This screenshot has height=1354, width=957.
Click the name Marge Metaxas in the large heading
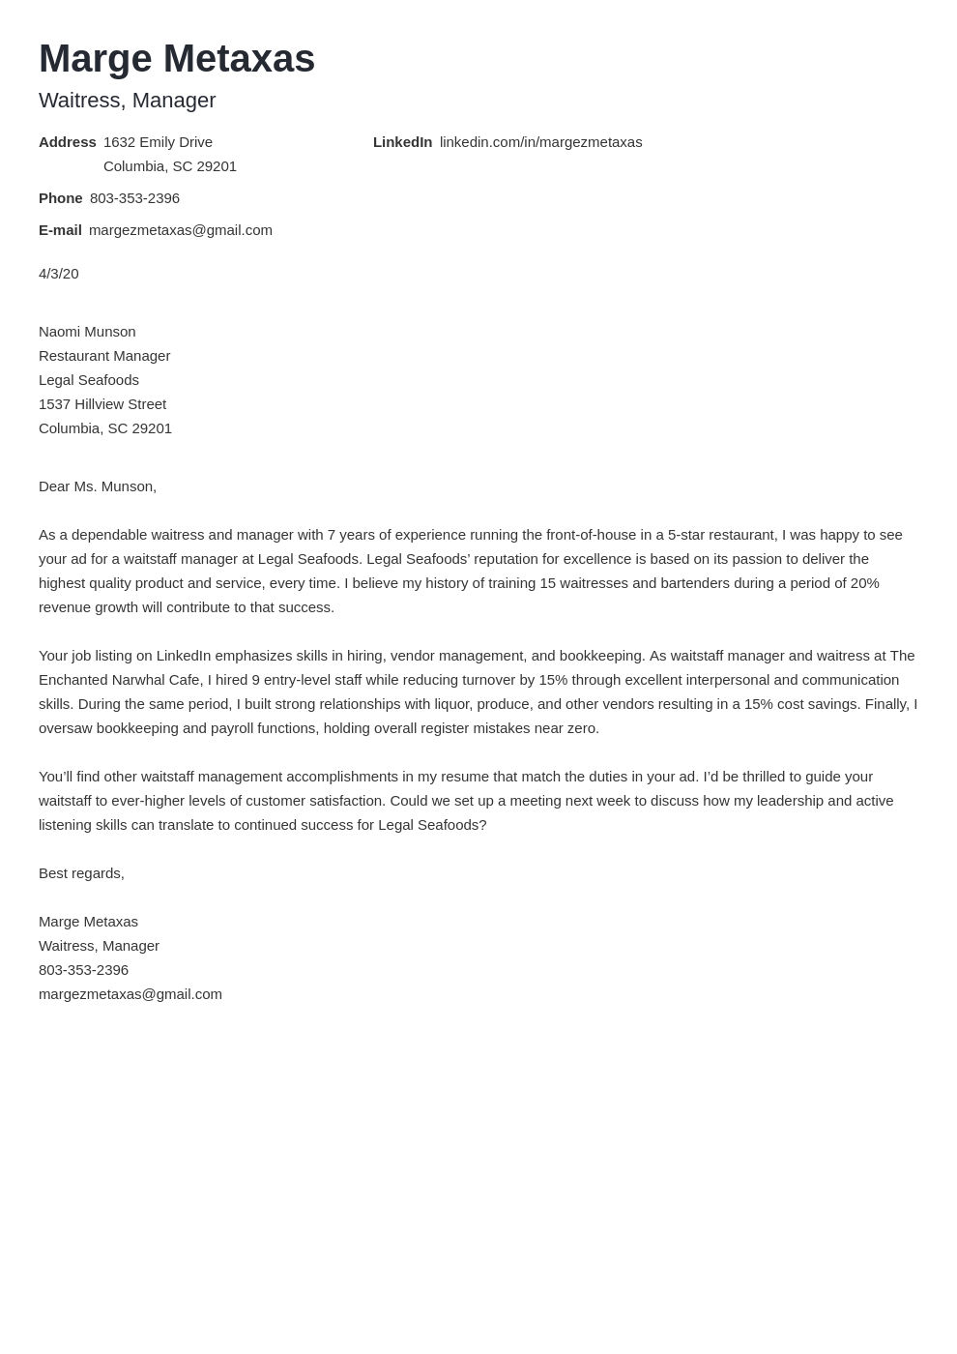point(177,59)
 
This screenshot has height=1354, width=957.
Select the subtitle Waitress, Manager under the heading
point(127,101)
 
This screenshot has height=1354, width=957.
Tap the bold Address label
point(67,142)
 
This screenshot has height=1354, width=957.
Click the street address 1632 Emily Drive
point(158,142)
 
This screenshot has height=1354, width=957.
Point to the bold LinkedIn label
point(402,142)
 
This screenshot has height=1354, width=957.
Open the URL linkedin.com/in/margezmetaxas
point(540,142)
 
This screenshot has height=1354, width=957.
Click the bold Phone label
point(60,198)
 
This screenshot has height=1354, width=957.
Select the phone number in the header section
point(134,198)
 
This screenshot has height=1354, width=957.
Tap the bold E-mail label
point(60,230)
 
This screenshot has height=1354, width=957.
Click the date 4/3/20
point(58,274)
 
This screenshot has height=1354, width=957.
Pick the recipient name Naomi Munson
point(87,332)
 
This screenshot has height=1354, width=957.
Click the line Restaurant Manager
point(104,356)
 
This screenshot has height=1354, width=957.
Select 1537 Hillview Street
point(102,404)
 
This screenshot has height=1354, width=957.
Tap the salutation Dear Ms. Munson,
point(98,486)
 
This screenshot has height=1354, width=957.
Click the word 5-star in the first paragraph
point(687,535)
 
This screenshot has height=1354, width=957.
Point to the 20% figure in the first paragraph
point(863,583)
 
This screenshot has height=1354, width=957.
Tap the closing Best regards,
point(81,873)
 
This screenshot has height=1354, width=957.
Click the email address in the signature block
point(130,994)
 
